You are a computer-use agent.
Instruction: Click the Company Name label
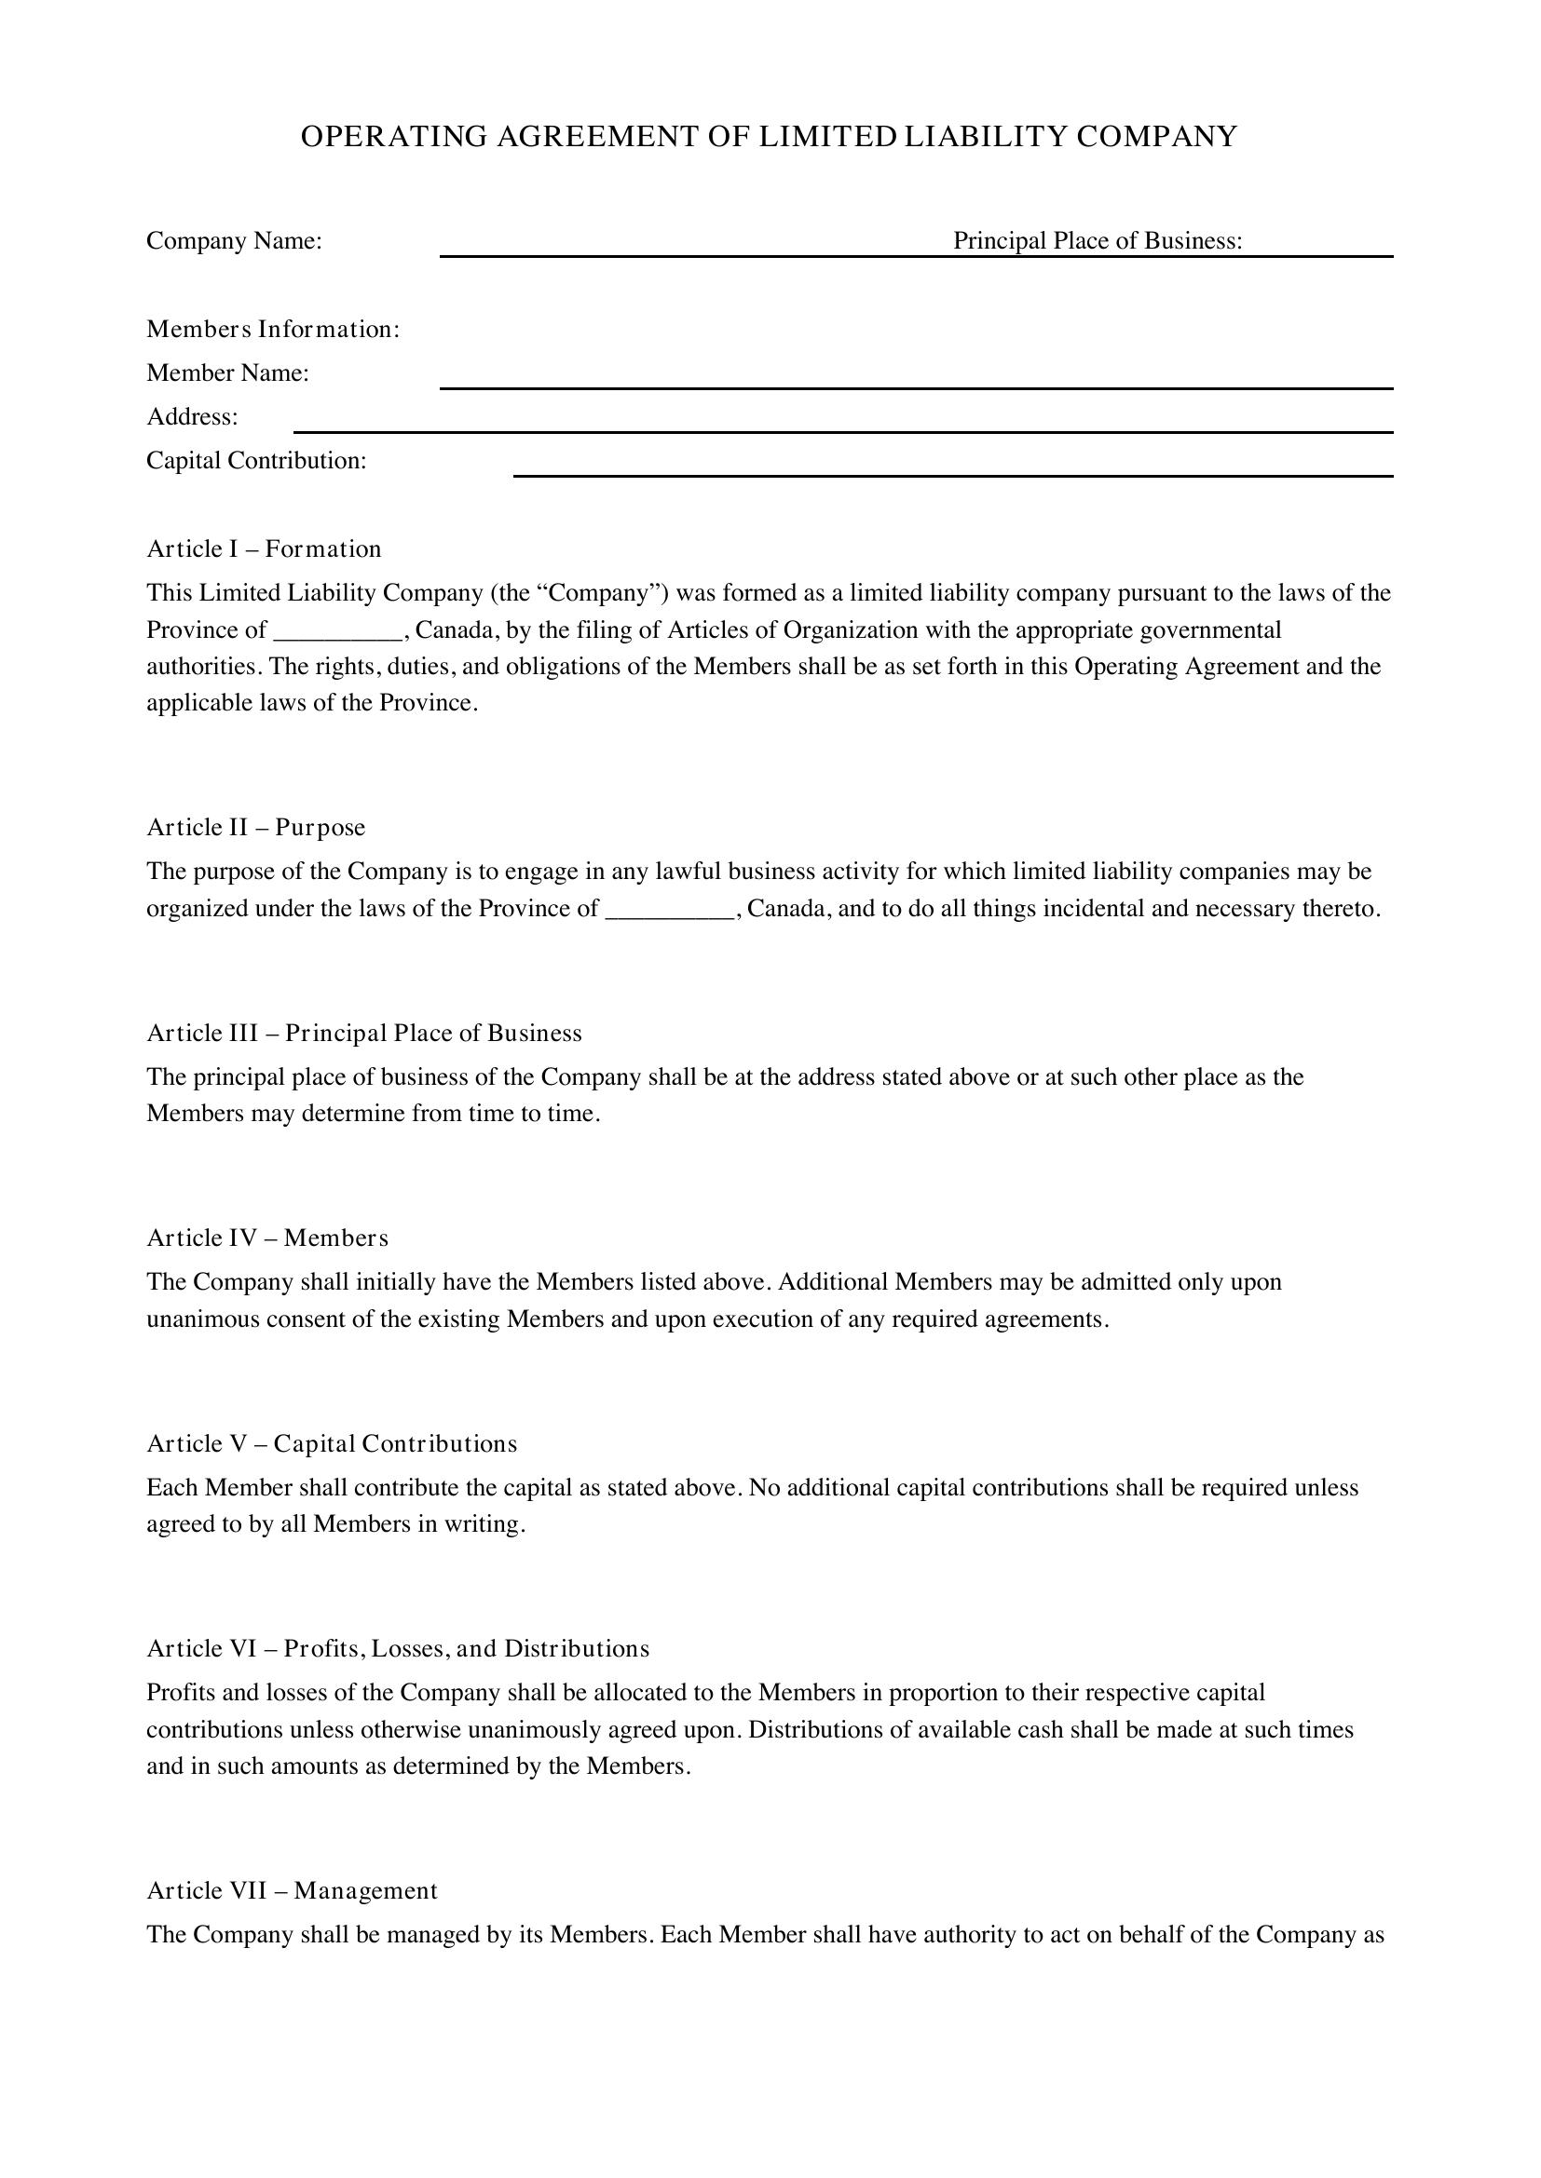pos(234,241)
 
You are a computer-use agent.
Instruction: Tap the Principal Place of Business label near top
pos(1097,241)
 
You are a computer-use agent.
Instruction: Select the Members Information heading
pos(272,329)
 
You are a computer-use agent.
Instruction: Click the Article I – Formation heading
pos(264,549)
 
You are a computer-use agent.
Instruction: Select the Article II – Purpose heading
pos(255,827)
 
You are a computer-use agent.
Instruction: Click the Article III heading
pos(363,1033)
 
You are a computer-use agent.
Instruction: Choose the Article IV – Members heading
pos(266,1238)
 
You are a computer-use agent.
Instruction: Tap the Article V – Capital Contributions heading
pos(331,1444)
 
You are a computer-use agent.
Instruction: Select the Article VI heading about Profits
pos(398,1649)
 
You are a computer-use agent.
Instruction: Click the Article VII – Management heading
pos(292,1890)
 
